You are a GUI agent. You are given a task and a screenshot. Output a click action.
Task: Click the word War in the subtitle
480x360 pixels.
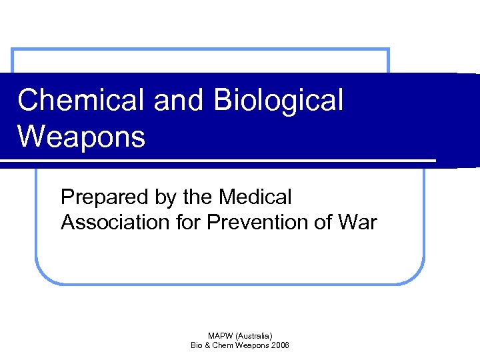pyautogui.click(x=359, y=222)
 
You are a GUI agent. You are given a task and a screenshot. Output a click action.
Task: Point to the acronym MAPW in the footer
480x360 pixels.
pyautogui.click(x=219, y=335)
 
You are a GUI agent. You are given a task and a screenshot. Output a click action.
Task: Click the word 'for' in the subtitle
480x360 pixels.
pyautogui.click(x=189, y=222)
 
